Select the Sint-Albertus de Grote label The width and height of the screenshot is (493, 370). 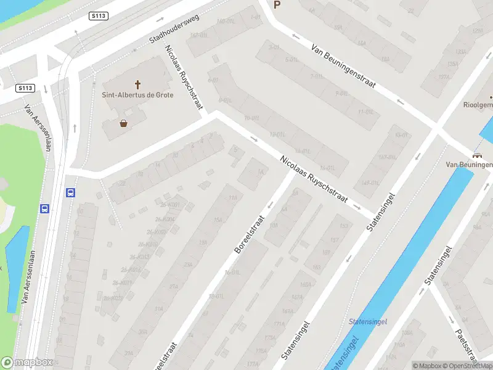137,95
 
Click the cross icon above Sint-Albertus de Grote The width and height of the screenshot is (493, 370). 137,83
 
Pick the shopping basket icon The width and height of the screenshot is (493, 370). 124,123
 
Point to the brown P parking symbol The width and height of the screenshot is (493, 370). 277,5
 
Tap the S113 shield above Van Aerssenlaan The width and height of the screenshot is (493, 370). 25,88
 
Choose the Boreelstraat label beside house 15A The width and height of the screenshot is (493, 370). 249,234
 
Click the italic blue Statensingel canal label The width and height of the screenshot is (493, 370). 367,322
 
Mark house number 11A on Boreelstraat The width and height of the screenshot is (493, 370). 233,197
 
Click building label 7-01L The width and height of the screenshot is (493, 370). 316,76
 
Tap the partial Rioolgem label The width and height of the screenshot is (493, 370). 478,105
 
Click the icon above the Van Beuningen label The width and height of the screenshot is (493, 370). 477,155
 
